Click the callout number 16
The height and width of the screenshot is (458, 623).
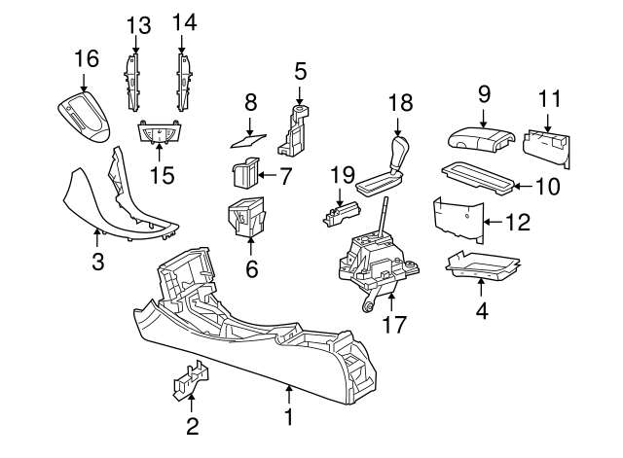click(87, 59)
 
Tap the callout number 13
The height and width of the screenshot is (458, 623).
click(139, 22)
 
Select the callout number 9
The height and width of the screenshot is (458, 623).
click(484, 93)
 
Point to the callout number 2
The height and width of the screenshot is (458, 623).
click(192, 425)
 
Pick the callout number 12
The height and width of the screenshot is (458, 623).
click(518, 223)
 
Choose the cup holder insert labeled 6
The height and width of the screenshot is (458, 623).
click(247, 216)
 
